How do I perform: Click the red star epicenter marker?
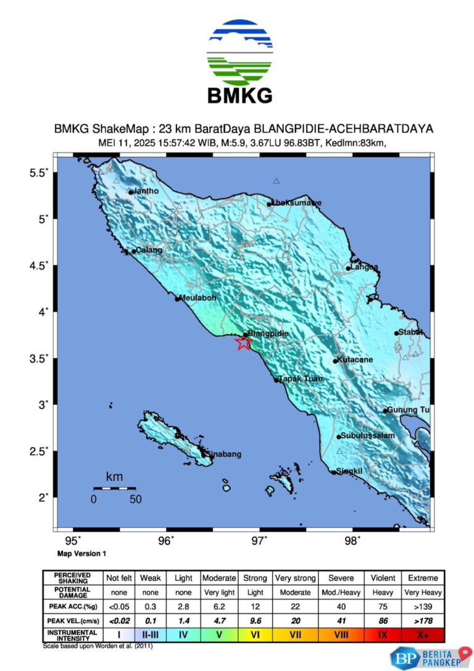click(244, 343)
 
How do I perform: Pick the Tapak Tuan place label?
click(301, 379)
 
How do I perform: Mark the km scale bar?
click(114, 488)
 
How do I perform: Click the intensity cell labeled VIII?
click(341, 635)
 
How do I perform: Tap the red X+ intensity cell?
click(423, 635)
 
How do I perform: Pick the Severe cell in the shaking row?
click(341, 578)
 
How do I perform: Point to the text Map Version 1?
click(81, 554)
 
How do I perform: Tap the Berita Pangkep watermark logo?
click(430, 657)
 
